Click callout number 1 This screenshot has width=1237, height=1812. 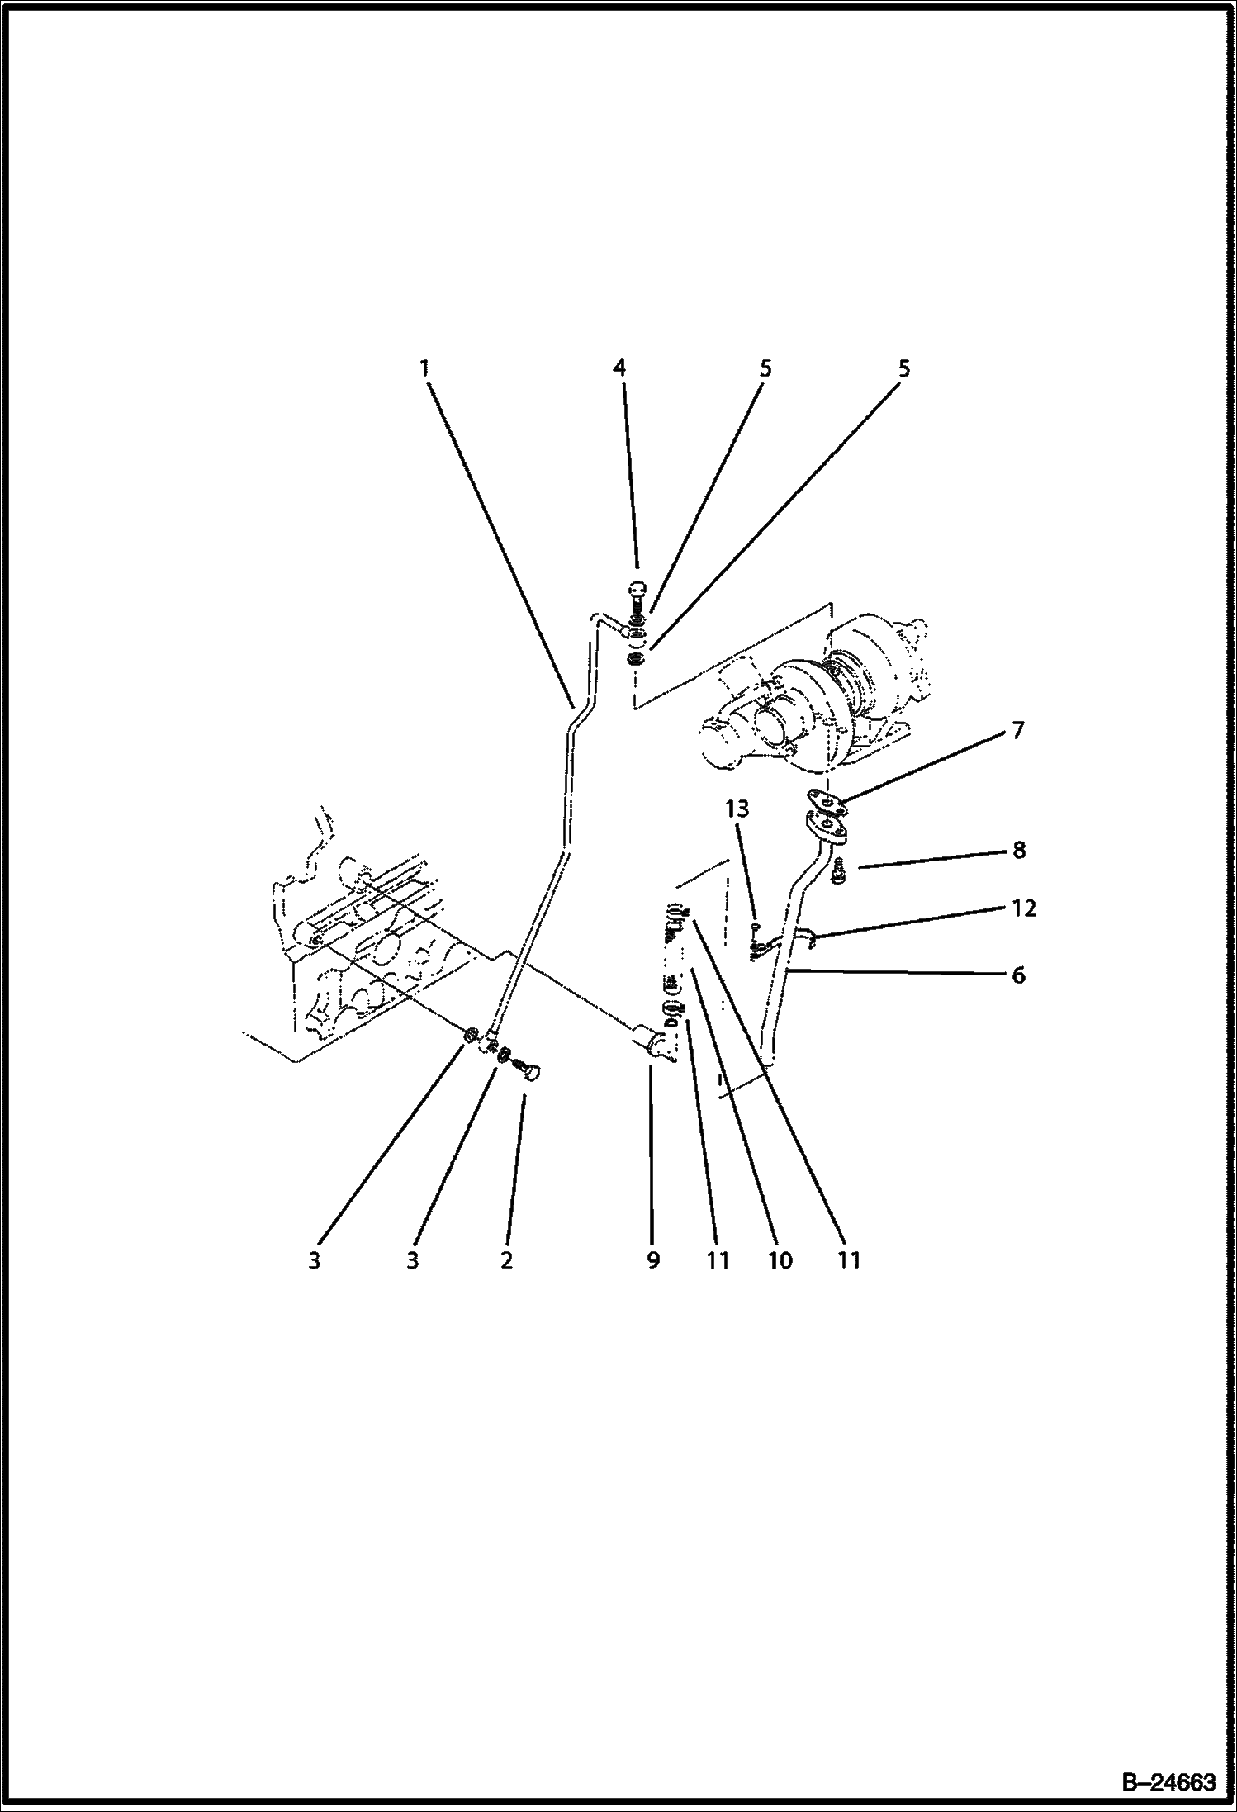pyautogui.click(x=424, y=368)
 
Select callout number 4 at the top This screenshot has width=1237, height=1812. pyautogui.click(x=619, y=368)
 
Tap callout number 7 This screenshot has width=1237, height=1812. pyautogui.click(x=1017, y=730)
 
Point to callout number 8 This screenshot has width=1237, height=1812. pyautogui.click(x=1018, y=850)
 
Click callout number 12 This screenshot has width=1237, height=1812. pyautogui.click(x=1023, y=908)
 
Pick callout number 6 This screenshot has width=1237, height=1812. pyautogui.click(x=1018, y=975)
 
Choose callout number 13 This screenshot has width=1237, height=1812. pyautogui.click(x=737, y=810)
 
